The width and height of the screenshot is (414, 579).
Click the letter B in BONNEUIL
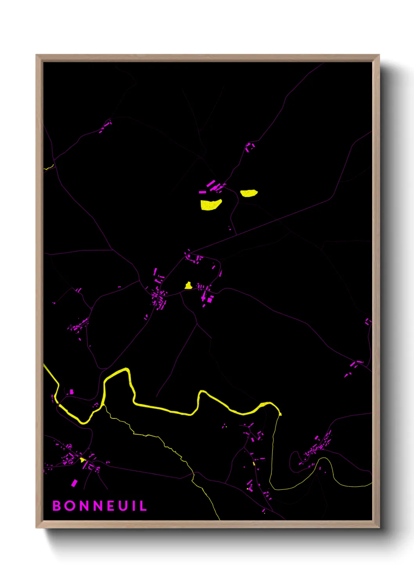coord(57,506)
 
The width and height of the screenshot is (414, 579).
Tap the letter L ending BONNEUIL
coord(143,506)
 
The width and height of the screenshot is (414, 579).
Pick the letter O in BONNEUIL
coord(70,506)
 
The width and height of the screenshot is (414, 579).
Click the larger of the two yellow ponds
coord(211,205)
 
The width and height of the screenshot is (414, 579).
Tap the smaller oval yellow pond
coord(248,193)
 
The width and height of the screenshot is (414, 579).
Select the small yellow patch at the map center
coord(188,286)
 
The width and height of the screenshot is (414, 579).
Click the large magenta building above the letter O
coord(74,483)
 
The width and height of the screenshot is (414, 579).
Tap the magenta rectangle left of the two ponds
coord(202,192)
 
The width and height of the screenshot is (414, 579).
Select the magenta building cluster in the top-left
coord(105,126)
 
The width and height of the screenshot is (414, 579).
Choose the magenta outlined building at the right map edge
coord(368,322)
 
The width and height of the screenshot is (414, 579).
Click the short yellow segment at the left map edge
coord(49,168)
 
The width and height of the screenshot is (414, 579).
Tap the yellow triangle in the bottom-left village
coord(82,460)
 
